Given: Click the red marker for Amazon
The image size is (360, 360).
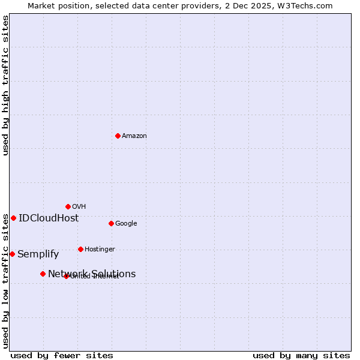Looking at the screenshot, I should tap(118, 136).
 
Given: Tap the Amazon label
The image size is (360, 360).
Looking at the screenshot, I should tap(134, 136).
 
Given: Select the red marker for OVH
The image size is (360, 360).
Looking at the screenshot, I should tap(68, 206).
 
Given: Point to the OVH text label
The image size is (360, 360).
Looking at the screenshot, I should tap(79, 207).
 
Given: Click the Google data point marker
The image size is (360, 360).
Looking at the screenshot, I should tap(111, 223).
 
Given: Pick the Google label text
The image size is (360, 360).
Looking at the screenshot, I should tap(126, 224).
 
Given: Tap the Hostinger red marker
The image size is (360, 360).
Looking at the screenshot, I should tap(80, 249).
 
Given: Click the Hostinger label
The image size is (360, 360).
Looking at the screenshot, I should tap(100, 250).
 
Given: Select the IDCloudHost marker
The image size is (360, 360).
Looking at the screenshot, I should tap(13, 218).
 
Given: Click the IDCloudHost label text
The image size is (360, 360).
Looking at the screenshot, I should tap(49, 218).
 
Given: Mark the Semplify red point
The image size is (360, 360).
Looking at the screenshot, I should tap(12, 254).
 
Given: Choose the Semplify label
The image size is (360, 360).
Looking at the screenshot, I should tap(38, 254).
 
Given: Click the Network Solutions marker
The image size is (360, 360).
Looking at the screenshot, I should tap(43, 274).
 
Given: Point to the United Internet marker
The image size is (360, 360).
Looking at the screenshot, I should tap(66, 276).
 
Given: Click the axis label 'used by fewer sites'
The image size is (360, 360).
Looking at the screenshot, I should tap(62, 355).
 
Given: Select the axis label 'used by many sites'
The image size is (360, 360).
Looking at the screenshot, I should tap(301, 355).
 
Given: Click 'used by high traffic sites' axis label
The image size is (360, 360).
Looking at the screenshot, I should tap(6, 85).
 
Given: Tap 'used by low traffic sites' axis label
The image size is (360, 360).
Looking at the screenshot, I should tap(6, 281).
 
